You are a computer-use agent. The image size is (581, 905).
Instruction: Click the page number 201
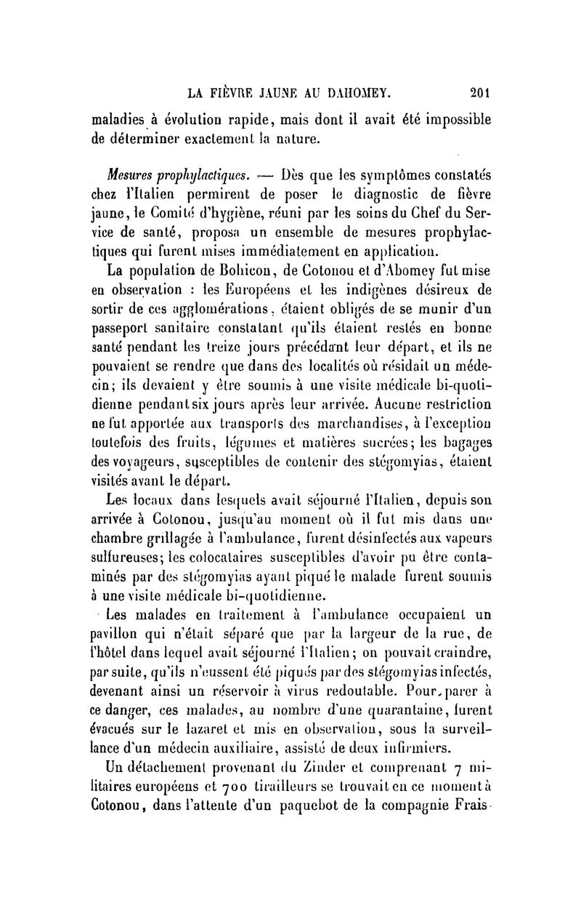click(481, 92)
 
